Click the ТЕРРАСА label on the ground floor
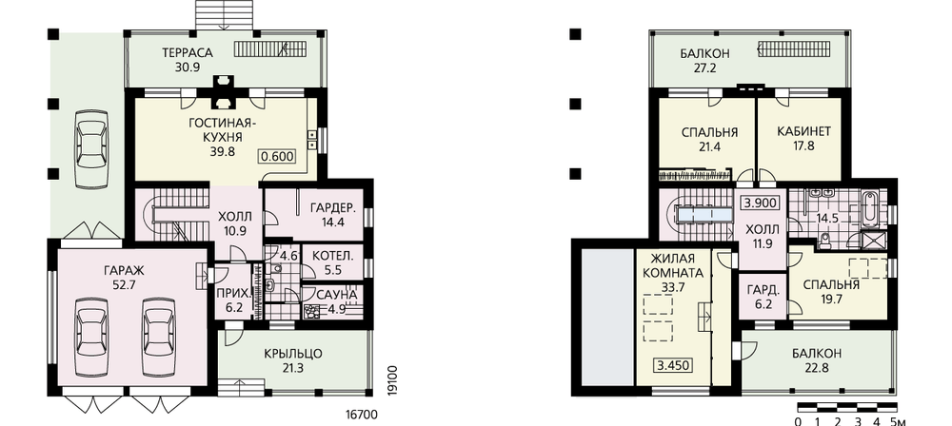pos(187,53)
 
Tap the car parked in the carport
pos(91,148)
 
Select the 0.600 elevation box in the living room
pos(277,157)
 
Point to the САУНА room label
pos(336,295)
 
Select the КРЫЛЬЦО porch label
pos(293,354)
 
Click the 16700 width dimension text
pos(361,416)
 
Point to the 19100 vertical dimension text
pos(391,379)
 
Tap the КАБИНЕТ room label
pos(803,131)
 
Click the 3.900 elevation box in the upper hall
pos(761,203)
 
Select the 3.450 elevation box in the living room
pos(674,365)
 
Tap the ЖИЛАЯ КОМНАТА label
pos(674,266)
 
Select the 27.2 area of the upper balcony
pos(704,68)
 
